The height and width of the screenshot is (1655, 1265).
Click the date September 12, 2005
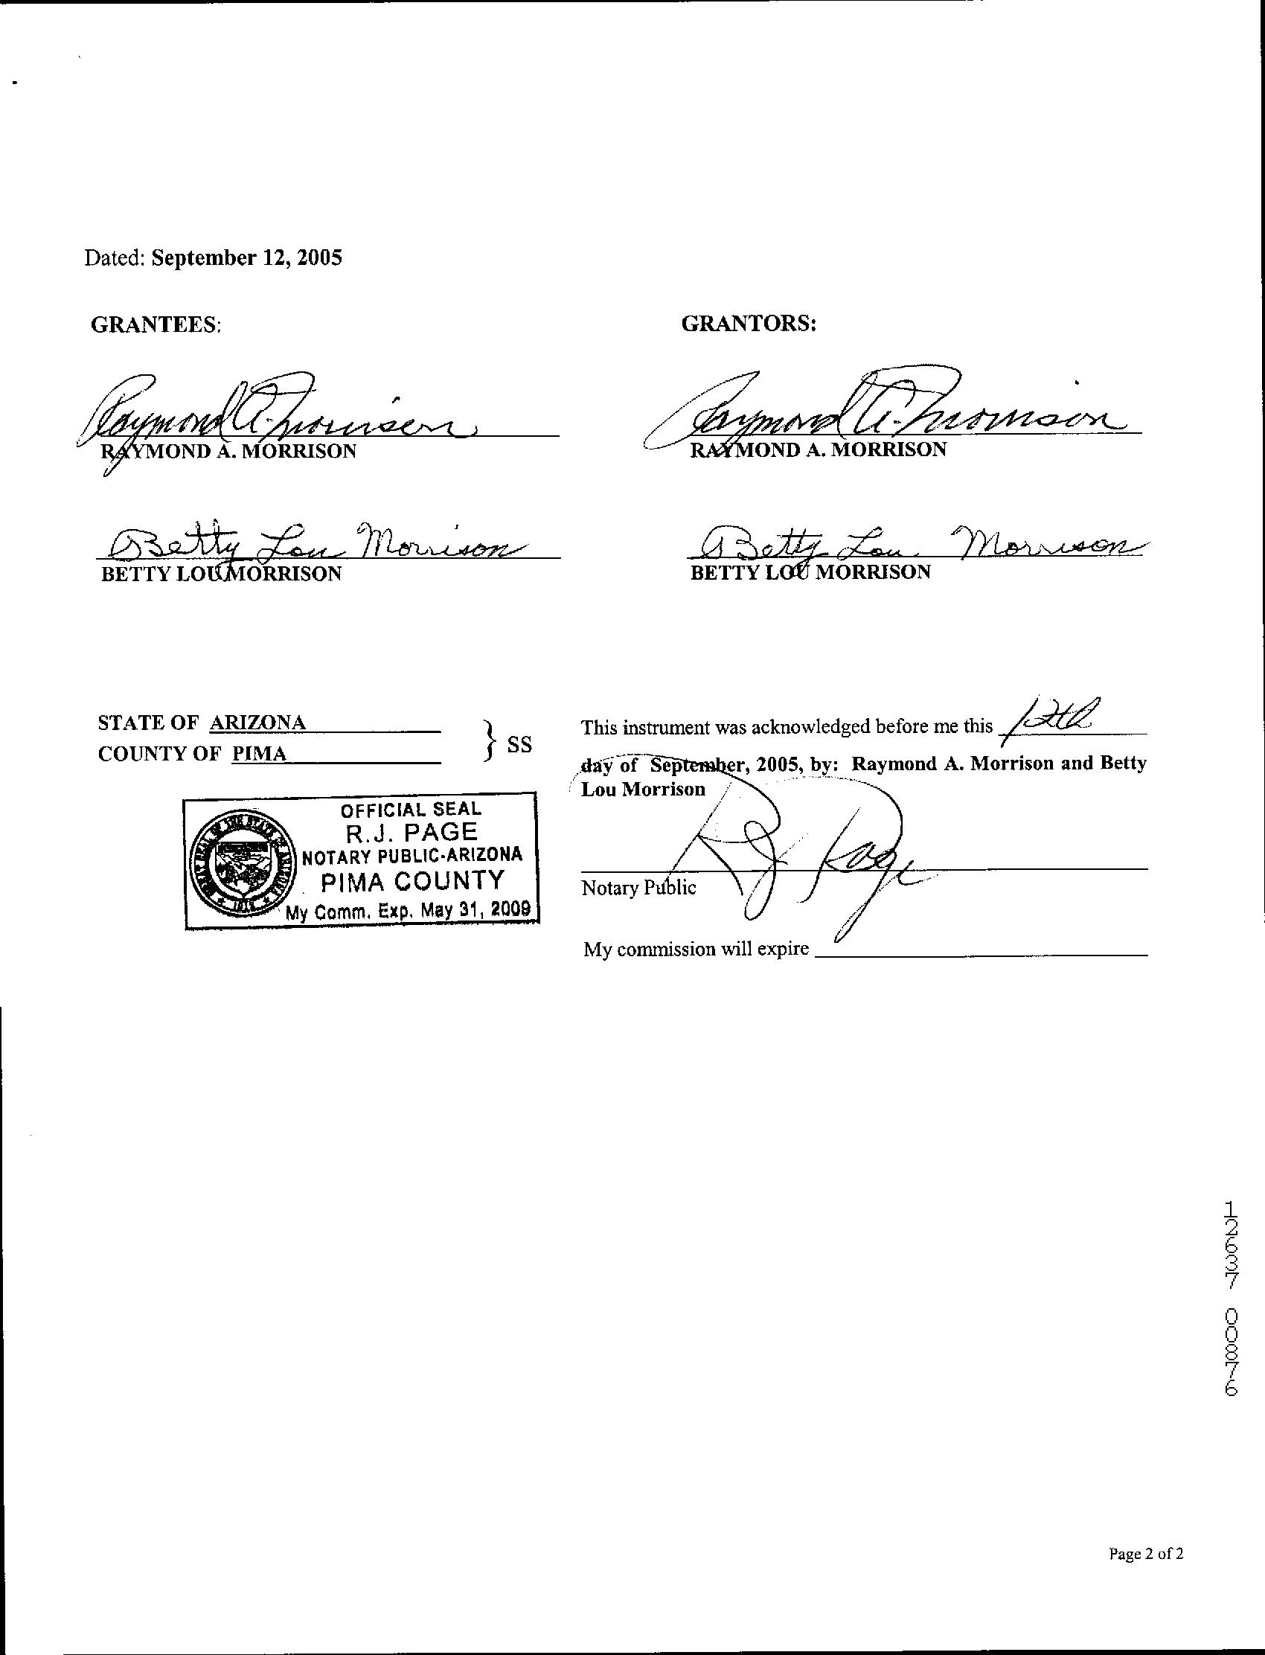[246, 258]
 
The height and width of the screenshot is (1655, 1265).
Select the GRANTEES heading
[155, 324]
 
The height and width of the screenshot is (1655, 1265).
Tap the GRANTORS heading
[749, 324]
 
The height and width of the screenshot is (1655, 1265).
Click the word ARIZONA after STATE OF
[257, 722]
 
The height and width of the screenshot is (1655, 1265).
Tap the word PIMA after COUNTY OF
[259, 754]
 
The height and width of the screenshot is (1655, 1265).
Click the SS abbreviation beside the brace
[519, 744]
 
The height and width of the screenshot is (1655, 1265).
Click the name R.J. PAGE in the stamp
[411, 832]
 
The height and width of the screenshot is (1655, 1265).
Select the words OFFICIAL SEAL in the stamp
[410, 810]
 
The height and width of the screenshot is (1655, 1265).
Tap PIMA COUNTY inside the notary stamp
[412, 880]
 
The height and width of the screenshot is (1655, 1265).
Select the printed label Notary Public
[638, 888]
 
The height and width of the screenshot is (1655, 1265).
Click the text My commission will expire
[696, 950]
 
